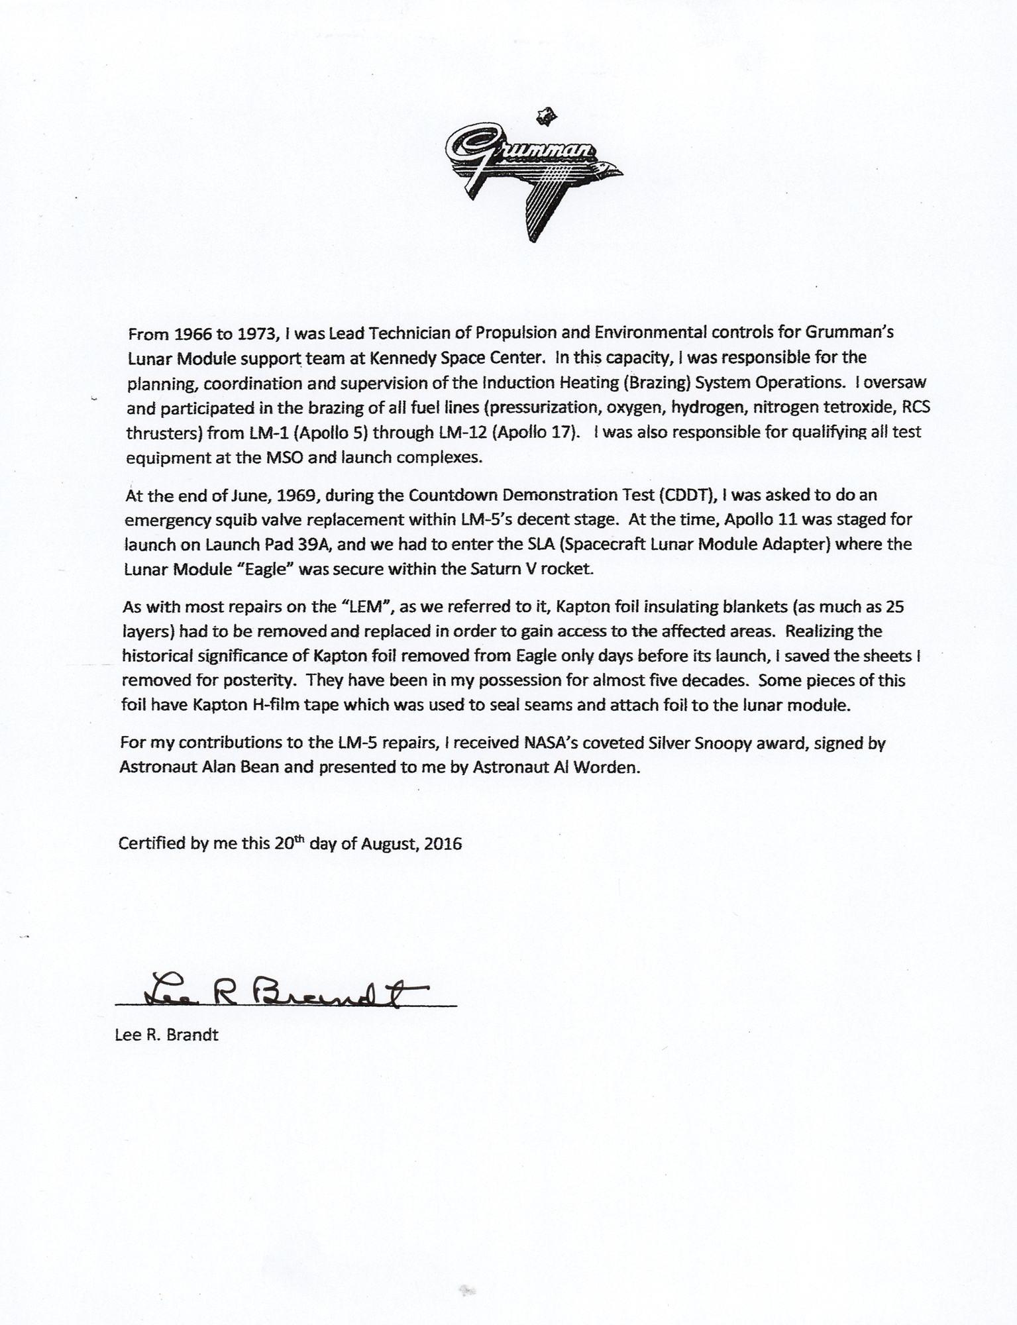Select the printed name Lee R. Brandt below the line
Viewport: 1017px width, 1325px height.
(167, 1035)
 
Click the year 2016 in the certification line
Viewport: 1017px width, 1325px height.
(443, 843)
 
